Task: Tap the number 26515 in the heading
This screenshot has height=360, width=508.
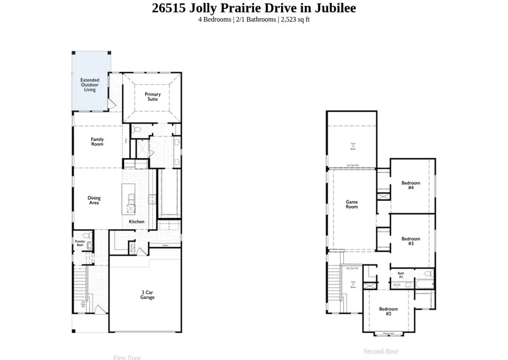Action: tap(170, 8)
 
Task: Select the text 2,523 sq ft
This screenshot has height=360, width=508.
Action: tap(295, 19)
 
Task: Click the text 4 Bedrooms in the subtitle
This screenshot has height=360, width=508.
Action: tap(214, 19)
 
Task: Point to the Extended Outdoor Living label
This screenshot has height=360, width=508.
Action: tap(90, 85)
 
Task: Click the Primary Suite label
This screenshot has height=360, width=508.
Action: tap(152, 96)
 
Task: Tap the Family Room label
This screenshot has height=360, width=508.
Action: tap(97, 142)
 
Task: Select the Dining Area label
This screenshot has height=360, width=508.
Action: tap(94, 200)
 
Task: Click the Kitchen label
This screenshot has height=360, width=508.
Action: tap(137, 222)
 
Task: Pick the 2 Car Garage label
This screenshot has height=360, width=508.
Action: tap(147, 295)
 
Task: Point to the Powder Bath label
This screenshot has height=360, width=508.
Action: tap(80, 243)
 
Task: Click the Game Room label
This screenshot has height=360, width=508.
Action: tap(352, 204)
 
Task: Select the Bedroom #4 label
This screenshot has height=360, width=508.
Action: tap(411, 185)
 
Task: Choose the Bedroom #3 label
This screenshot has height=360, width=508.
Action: tap(411, 241)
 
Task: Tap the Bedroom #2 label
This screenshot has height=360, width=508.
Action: tap(388, 311)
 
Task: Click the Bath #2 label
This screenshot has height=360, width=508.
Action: tap(400, 275)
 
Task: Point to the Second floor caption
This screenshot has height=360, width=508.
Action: tap(381, 351)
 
